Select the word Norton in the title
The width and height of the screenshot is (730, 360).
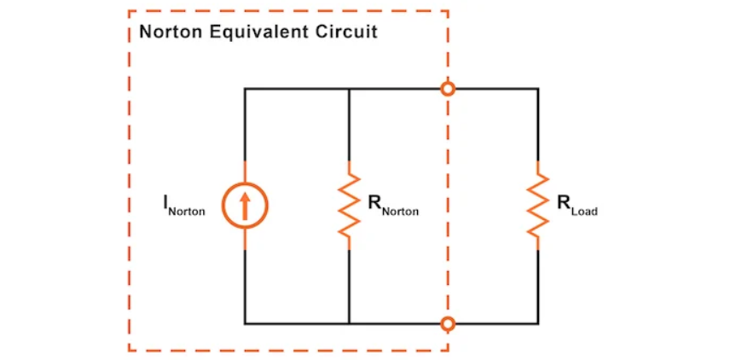(x=171, y=33)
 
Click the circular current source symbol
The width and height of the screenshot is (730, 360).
(x=245, y=206)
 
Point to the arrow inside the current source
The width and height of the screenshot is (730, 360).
(x=245, y=206)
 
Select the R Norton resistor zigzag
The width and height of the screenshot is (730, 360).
(x=350, y=205)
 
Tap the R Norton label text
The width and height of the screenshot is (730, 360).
(x=393, y=206)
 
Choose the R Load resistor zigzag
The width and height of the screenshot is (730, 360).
(x=537, y=205)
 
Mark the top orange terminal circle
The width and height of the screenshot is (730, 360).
(x=447, y=88)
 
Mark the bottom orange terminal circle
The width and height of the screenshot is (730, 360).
(x=447, y=323)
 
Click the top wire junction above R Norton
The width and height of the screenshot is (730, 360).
(x=350, y=88)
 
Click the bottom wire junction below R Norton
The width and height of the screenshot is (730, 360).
(x=350, y=323)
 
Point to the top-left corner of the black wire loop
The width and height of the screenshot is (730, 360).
(x=245, y=88)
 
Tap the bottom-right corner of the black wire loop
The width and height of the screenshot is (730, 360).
(x=537, y=323)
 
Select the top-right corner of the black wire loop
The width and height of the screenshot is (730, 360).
(x=537, y=88)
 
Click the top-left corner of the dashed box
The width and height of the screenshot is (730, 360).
(x=130, y=11)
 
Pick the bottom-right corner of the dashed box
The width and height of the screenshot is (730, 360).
(x=447, y=350)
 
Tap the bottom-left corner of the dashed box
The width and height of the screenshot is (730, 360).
(x=130, y=350)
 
